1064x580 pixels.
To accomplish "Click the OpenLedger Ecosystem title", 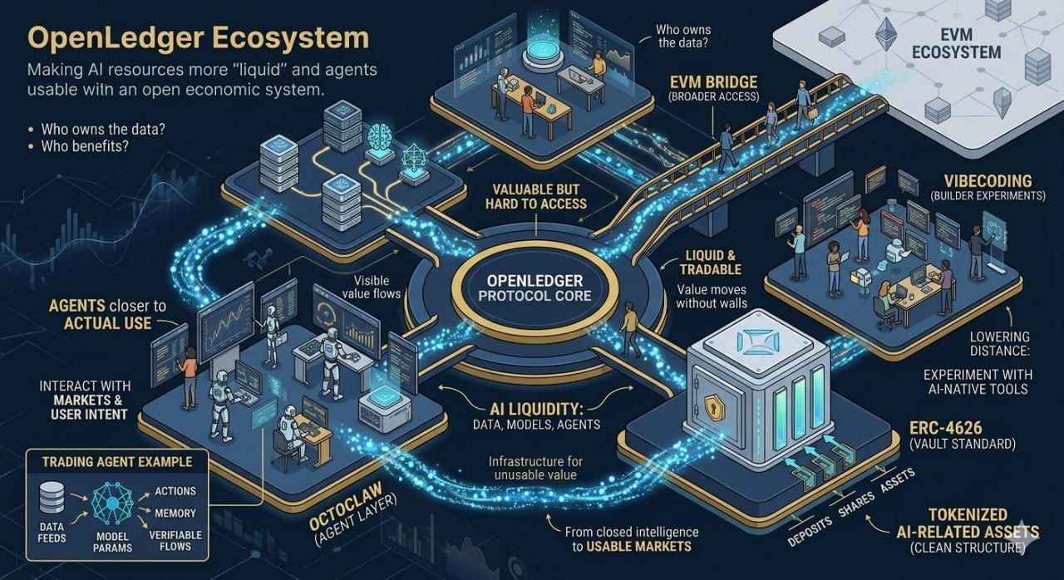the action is [198, 38].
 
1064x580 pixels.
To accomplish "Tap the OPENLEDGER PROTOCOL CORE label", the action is [534, 288].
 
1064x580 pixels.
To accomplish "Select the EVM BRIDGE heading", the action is [713, 82].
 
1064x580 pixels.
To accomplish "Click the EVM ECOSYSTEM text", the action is [956, 43].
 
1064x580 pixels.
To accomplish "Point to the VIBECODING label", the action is [988, 181].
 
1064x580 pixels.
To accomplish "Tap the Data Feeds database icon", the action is [52, 499].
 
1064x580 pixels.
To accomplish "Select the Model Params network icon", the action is [112, 503].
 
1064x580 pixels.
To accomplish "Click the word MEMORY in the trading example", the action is [175, 513].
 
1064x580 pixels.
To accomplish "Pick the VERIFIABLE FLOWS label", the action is [175, 541].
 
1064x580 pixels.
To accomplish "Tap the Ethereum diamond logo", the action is [886, 34].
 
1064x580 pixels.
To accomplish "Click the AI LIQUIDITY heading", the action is [536, 409].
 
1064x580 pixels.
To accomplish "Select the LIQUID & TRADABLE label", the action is [710, 263].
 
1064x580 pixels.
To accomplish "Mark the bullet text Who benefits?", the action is [85, 145].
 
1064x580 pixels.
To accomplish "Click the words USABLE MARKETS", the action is [639, 546].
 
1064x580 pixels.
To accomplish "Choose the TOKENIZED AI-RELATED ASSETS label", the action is [968, 523].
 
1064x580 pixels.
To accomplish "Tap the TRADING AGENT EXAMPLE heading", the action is [117, 462].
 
